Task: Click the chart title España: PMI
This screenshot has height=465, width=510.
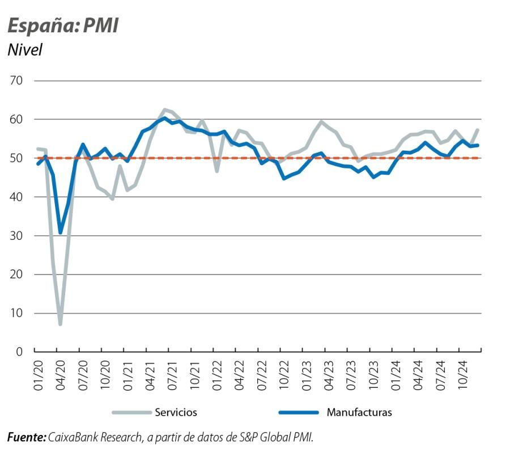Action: [63, 26]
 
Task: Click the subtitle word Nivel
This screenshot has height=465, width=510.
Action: [25, 50]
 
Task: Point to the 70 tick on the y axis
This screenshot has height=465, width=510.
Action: [15, 81]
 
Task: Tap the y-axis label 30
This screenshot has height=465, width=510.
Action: [15, 236]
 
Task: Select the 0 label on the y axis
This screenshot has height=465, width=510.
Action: [19, 352]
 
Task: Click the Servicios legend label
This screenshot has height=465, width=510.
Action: [176, 412]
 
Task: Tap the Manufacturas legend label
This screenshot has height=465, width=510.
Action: [359, 412]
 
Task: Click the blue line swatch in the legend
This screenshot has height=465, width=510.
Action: [298, 412]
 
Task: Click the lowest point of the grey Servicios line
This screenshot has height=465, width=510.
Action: [60, 324]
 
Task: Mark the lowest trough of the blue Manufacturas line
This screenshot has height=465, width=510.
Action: [60, 232]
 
